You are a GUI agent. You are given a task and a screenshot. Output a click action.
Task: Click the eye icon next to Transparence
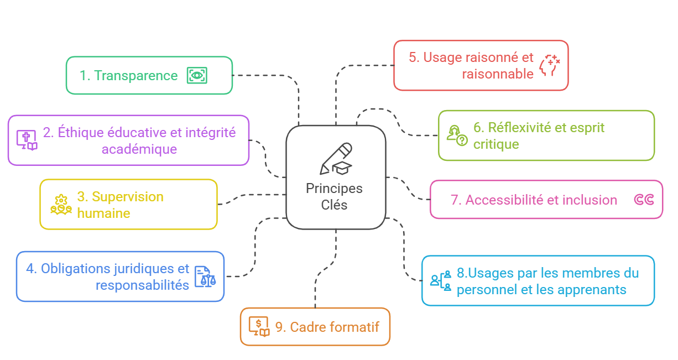tap(197, 75)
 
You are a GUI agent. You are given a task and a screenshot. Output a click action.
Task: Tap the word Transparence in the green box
tap(136, 76)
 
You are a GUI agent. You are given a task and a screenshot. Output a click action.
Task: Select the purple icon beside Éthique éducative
tap(27, 140)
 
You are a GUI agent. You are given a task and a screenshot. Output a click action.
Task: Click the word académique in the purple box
tap(139, 149)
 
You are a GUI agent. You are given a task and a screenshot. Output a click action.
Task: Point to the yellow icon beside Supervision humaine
tap(61, 205)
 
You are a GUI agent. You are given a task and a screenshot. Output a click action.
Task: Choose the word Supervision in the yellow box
tap(128, 197)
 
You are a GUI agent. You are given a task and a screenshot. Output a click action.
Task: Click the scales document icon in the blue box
tap(205, 276)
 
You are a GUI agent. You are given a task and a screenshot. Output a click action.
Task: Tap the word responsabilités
tap(143, 285)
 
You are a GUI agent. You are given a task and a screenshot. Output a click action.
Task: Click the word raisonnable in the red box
tap(498, 74)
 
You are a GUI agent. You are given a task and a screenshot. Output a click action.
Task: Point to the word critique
tap(496, 144)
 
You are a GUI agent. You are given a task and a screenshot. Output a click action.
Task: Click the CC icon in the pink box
tap(644, 200)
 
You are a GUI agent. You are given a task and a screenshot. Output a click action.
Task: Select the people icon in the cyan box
tap(441, 280)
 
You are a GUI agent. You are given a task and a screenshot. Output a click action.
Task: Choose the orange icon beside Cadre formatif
tap(259, 326)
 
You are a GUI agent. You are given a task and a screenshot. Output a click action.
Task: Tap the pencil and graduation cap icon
tap(336, 159)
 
